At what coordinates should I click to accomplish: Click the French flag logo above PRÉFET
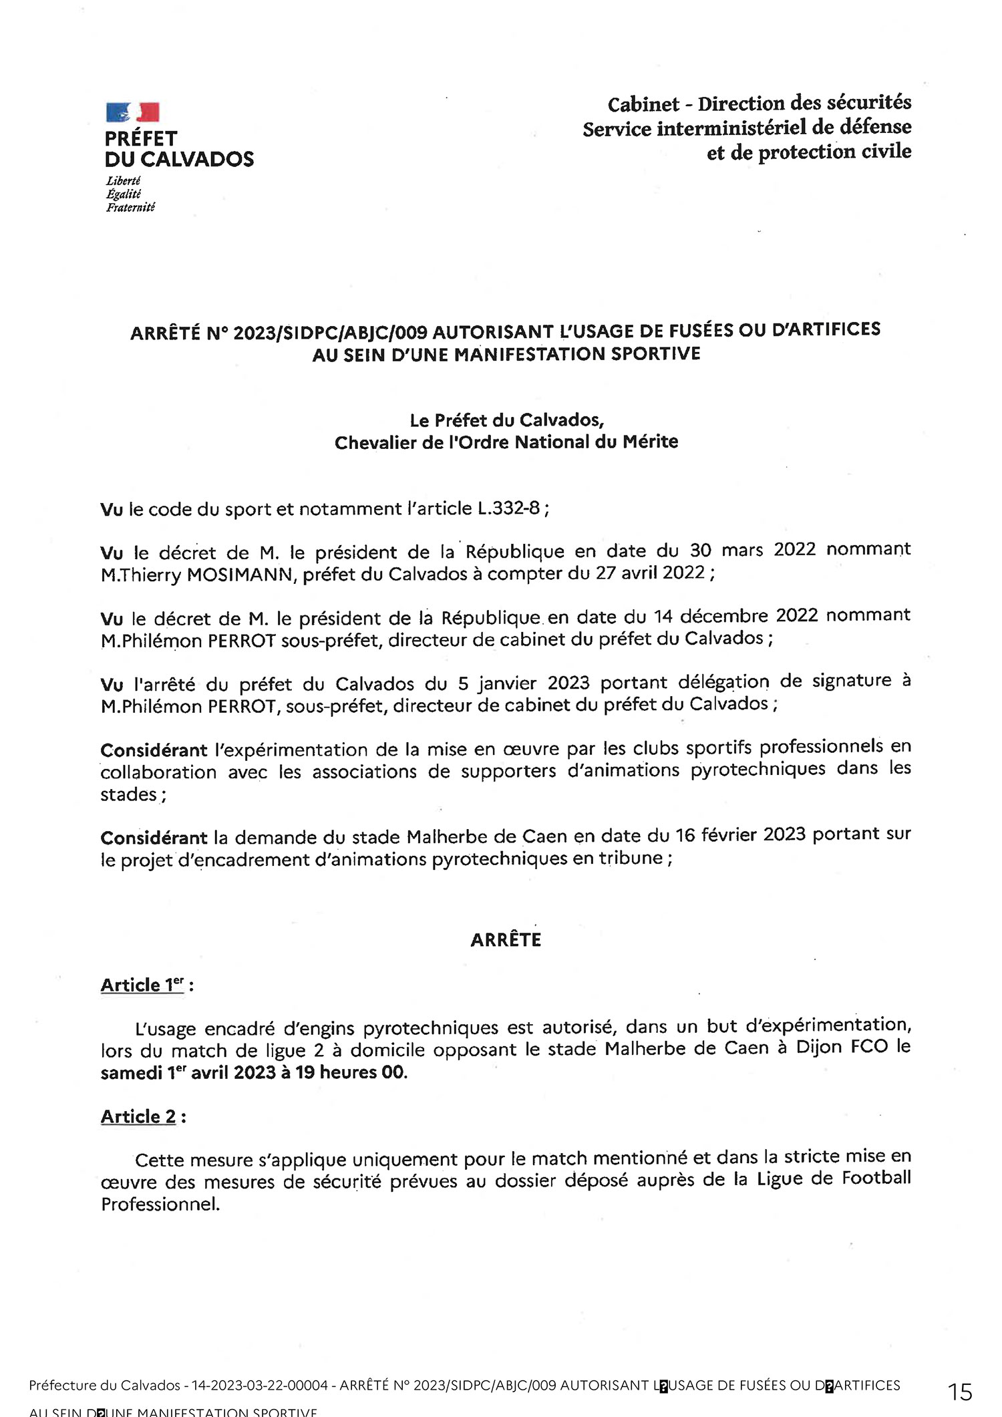coord(132,112)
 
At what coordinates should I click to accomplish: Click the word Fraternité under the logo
coord(130,208)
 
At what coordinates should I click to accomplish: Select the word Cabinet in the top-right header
coord(643,105)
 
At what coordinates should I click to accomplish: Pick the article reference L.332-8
coord(508,509)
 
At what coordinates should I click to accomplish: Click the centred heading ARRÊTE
coord(506,940)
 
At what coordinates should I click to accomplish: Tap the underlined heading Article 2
coord(138,1117)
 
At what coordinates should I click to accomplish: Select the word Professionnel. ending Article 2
coord(160,1205)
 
